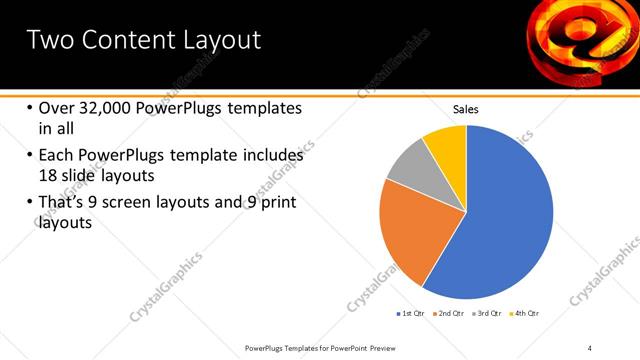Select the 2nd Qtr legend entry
450,314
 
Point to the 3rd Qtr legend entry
487,314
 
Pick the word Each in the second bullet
57,156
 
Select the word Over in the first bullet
58,108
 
